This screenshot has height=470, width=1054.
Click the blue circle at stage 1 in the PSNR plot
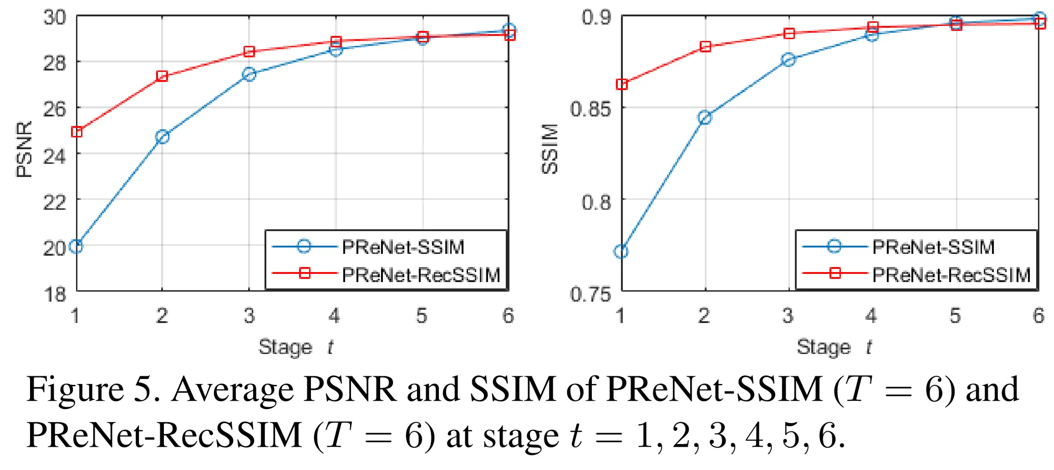tap(76, 247)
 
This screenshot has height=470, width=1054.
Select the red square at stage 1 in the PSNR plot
tap(76, 132)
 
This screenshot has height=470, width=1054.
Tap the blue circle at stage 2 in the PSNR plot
tap(162, 136)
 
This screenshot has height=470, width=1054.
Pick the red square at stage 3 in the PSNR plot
tap(249, 51)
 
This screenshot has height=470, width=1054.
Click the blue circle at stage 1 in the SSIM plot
tap(621, 251)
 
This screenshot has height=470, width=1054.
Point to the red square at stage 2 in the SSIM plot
tap(705, 46)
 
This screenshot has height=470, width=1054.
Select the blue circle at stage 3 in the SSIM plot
tap(789, 60)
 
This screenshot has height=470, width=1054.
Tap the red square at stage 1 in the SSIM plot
tap(621, 84)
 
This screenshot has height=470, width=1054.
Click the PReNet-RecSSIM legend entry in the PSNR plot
tap(421, 275)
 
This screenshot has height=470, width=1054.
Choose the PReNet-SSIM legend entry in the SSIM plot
tap(933, 247)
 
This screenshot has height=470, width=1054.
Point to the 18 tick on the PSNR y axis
tap(55, 294)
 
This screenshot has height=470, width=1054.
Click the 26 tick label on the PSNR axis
tap(55, 109)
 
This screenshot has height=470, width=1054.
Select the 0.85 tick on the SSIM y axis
tap(590, 109)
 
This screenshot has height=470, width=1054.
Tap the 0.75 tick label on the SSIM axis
tap(590, 294)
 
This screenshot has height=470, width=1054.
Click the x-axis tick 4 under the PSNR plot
tap(335, 315)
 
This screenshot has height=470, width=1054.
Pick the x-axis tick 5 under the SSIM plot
tap(955, 315)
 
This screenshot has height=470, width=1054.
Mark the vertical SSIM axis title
tap(550, 149)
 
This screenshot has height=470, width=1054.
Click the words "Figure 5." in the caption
tap(93, 389)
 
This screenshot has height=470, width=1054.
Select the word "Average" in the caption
tap(232, 389)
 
